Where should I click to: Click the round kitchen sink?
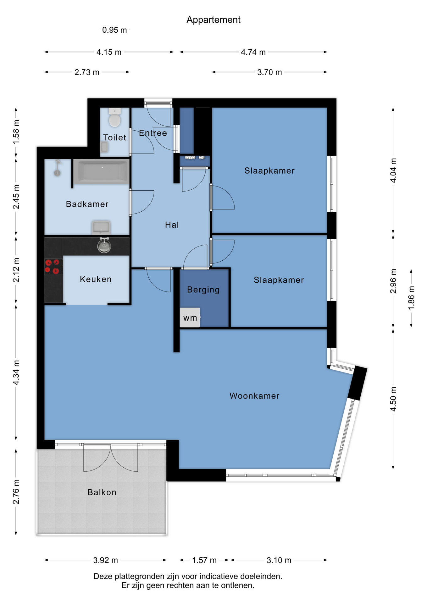[104, 245]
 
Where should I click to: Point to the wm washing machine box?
[190, 318]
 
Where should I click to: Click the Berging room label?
[203, 290]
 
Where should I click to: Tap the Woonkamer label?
[254, 396]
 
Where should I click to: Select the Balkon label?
[102, 492]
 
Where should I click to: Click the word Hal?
[172, 225]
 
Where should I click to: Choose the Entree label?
[153, 133]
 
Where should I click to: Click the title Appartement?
[213, 20]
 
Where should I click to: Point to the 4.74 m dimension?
[253, 52]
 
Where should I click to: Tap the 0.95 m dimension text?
[114, 30]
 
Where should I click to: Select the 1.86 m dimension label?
[411, 298]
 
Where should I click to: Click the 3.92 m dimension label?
[106, 560]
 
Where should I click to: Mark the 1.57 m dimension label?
[204, 560]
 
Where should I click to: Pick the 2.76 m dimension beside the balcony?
[16, 492]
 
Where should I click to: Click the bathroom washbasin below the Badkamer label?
[101, 227]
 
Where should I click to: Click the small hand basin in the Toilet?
[104, 147]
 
